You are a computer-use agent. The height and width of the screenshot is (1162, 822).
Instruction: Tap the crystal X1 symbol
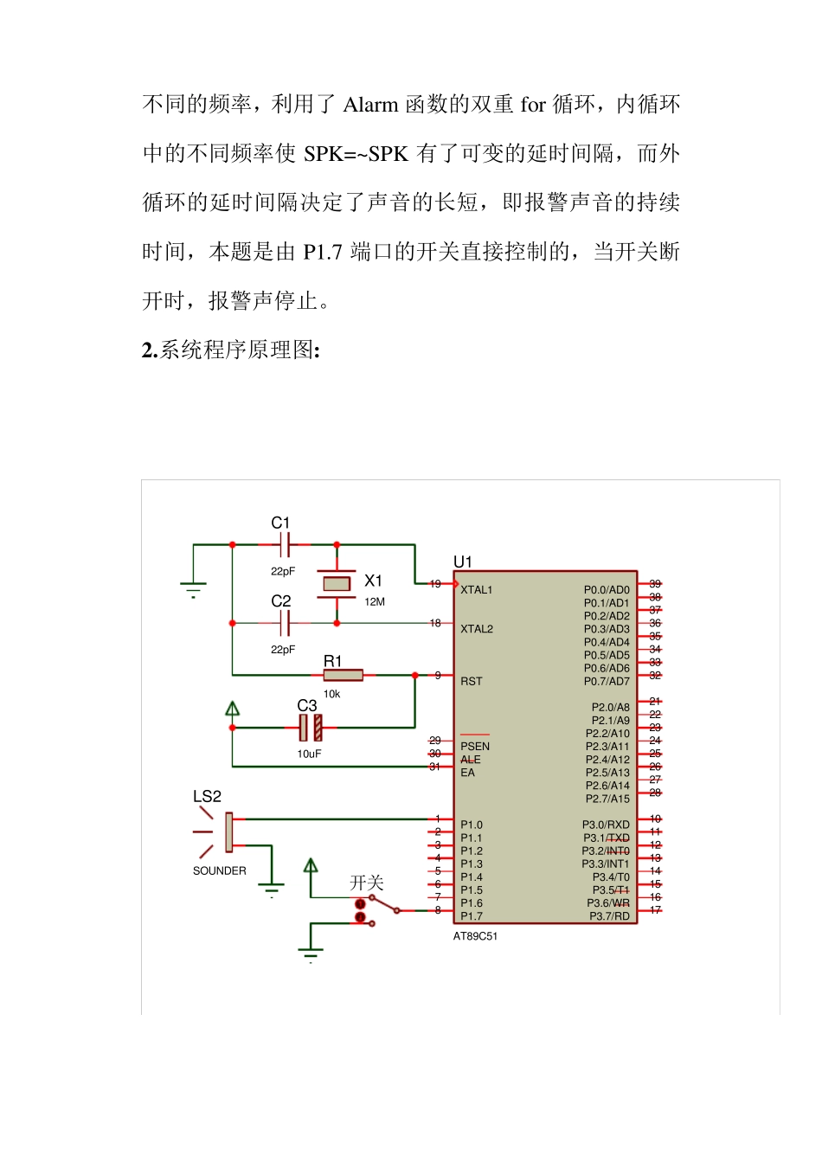[x=337, y=584]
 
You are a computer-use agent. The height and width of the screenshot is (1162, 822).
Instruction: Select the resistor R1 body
[x=344, y=675]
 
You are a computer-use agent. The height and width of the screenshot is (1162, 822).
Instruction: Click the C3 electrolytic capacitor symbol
[x=311, y=728]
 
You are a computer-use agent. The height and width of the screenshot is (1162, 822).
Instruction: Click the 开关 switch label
[x=366, y=883]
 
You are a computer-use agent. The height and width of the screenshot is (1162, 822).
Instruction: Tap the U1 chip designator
[x=463, y=562]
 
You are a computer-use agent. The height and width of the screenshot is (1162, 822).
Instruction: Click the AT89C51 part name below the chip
[x=475, y=936]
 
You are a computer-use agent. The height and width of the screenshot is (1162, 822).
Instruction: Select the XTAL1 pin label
[x=476, y=590]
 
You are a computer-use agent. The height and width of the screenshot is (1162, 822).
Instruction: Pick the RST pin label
[x=471, y=682]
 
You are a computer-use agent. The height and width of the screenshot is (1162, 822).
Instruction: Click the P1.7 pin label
[x=472, y=916]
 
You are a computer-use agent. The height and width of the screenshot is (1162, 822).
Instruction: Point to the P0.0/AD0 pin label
[x=607, y=590]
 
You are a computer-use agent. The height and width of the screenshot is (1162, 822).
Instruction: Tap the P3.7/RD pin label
[x=609, y=916]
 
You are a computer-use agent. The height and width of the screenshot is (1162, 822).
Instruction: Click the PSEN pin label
[x=475, y=746]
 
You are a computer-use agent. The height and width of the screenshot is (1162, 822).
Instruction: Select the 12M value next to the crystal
[x=375, y=602]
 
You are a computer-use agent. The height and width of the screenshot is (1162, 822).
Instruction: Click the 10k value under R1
[x=331, y=694]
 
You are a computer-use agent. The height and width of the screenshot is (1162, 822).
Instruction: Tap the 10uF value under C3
[x=309, y=754]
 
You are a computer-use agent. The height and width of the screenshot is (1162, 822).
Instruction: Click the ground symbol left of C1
[x=193, y=588]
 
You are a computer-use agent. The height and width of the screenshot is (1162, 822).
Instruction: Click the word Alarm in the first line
[x=370, y=106]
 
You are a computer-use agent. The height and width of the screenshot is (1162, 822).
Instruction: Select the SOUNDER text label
[x=219, y=871]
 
